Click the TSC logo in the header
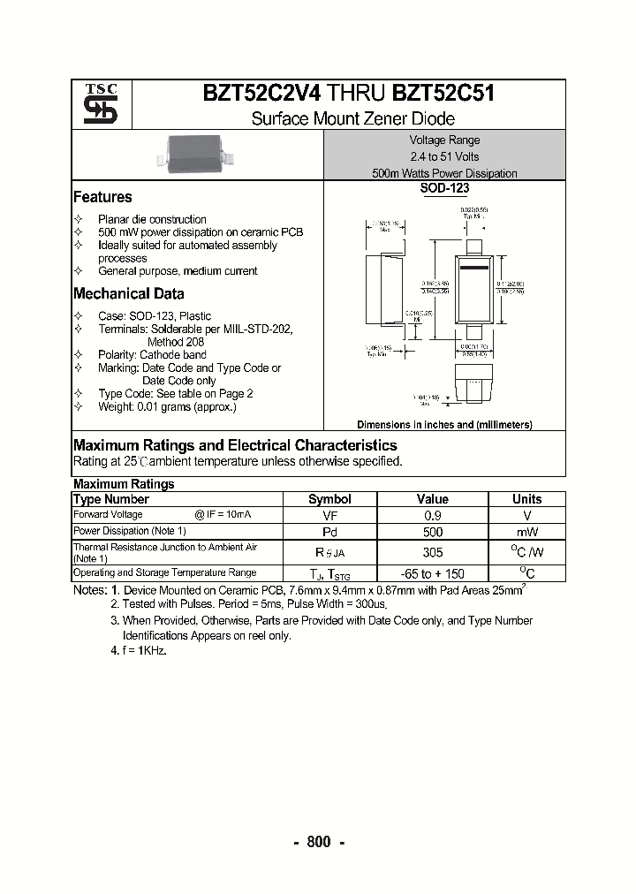tap(100, 104)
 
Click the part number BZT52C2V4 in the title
tap(262, 94)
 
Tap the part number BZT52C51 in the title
tap(443, 94)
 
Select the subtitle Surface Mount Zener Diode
tap(352, 118)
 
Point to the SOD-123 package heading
tap(444, 188)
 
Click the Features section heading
tap(102, 197)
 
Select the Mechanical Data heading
tap(129, 294)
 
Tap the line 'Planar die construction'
tap(152, 219)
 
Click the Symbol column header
tap(329, 499)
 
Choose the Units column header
tap(526, 499)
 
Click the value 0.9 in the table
tap(432, 515)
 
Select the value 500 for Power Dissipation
tap(432, 532)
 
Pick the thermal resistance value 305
tap(432, 553)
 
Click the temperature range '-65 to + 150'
tap(432, 573)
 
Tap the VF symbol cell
tap(329, 515)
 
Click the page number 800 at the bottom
tap(318, 842)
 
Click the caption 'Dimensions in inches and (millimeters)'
tap(444, 425)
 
